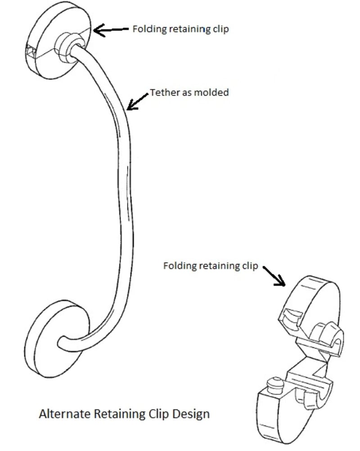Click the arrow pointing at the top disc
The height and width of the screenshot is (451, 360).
pos(110,30)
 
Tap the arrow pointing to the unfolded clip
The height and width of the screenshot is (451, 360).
pos(274,276)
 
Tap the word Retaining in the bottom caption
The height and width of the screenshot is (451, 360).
pos(115,413)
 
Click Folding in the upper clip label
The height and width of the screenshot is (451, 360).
pos(146,29)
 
